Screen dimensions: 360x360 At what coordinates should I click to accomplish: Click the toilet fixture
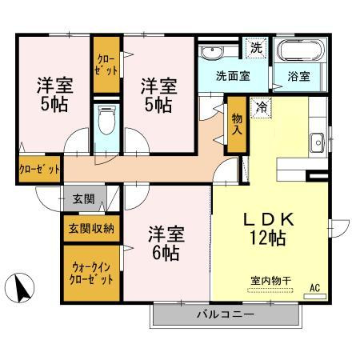point(106,120)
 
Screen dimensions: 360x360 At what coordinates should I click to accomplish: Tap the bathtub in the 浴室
point(300,50)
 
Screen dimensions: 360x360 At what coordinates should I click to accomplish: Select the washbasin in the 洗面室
point(212,52)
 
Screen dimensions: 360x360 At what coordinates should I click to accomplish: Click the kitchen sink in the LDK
point(318,142)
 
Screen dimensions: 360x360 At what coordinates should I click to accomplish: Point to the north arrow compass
point(20,288)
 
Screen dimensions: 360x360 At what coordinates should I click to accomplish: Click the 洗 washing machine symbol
point(257,48)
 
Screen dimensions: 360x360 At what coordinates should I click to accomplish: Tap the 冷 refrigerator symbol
point(261,107)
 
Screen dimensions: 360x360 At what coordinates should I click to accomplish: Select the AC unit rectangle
point(315,296)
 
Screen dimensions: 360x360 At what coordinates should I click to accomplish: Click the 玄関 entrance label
point(84,199)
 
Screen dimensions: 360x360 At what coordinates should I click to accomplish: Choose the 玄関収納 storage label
point(91,228)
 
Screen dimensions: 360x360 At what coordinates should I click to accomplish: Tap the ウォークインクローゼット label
point(91,273)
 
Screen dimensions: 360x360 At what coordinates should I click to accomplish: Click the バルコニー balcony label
point(226,314)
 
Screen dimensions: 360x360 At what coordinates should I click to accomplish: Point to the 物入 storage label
point(237,124)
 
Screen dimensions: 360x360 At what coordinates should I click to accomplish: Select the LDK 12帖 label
point(268,229)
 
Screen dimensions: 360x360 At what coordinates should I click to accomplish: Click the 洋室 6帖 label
point(166,243)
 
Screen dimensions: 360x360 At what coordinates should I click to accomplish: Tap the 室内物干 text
point(270,281)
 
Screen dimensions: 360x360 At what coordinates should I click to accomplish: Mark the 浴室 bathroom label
point(298,76)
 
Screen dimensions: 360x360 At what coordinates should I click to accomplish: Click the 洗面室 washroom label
point(233,76)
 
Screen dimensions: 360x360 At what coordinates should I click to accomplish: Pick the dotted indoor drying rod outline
point(270,290)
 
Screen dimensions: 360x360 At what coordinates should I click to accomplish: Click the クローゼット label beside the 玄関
point(39,169)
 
